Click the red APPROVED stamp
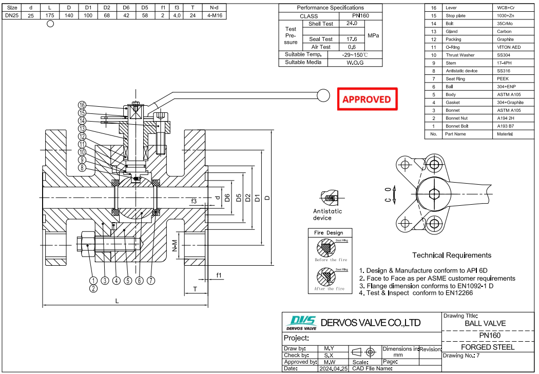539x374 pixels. tap(367, 99)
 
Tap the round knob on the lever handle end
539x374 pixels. tap(324, 95)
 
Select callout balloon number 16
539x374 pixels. tap(82, 105)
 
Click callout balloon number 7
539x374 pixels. tap(150, 281)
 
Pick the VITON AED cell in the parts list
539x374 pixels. tap(509, 47)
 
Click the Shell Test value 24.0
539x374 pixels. tap(352, 24)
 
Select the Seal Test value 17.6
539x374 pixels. tap(352, 39)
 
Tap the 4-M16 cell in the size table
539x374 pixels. tap(210, 16)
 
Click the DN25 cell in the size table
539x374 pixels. tap(12, 16)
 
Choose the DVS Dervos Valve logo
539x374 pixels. tap(301, 322)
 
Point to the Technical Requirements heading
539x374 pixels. tap(451, 255)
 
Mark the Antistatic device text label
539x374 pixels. tap(328, 214)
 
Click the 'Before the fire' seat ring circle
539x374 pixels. tap(325, 248)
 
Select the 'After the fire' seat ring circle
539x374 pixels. tap(325, 277)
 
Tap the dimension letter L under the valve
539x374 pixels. tap(117, 301)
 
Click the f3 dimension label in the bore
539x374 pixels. tap(194, 201)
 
